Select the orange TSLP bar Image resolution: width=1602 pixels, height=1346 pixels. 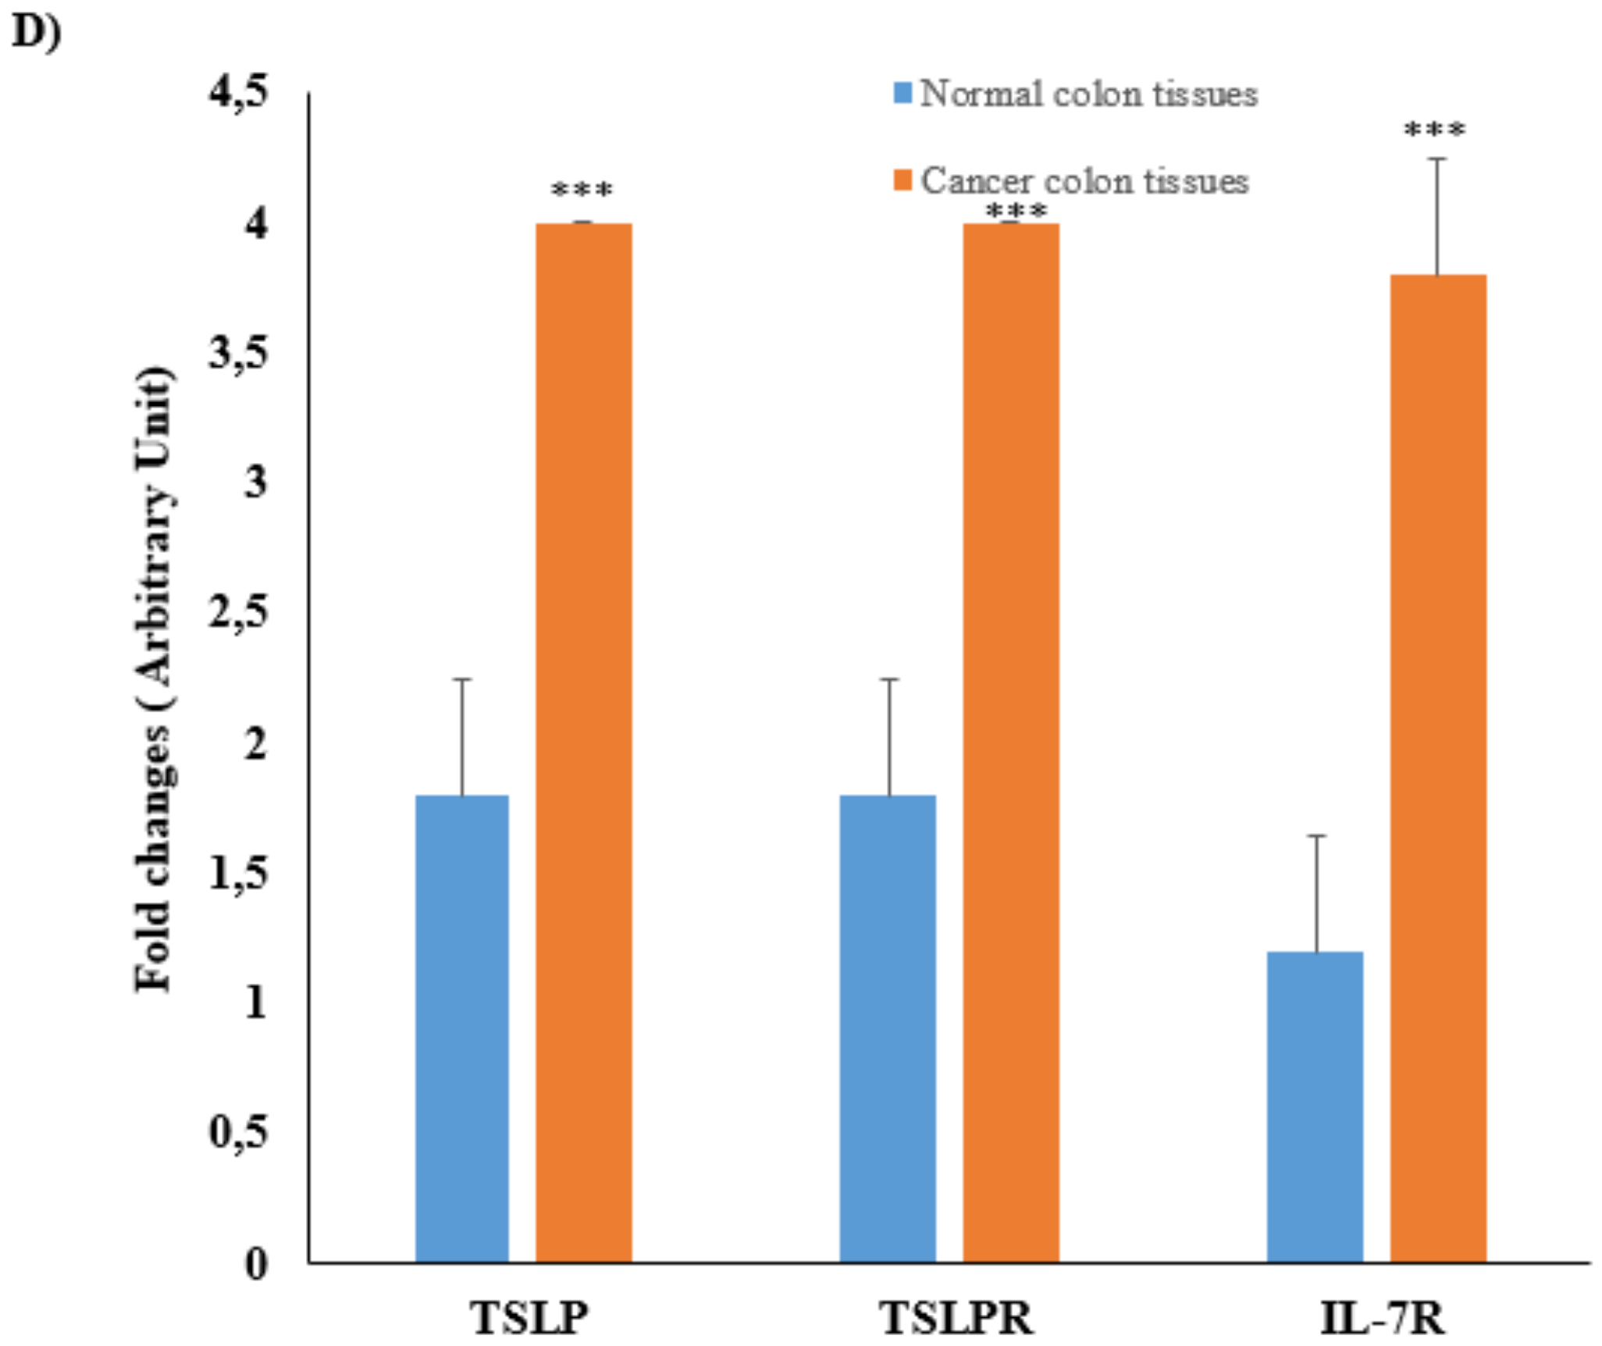(x=583, y=742)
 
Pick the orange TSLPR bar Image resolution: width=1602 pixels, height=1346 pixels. (x=1010, y=742)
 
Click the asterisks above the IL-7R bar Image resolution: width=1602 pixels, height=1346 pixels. (x=1434, y=130)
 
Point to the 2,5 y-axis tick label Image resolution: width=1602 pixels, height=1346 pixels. (x=237, y=614)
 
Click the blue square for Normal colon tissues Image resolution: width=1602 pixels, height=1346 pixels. (x=902, y=94)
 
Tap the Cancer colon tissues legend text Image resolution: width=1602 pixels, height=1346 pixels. (x=1084, y=181)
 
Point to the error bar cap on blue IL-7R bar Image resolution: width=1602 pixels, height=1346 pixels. (x=1316, y=836)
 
